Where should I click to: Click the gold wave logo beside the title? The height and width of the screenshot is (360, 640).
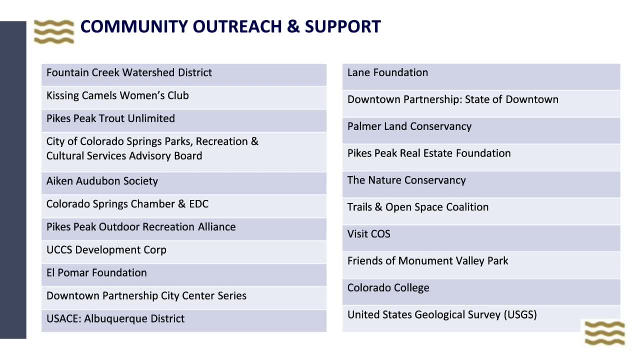coord(54,31)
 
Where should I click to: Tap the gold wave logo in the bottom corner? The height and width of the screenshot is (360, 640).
coord(604,333)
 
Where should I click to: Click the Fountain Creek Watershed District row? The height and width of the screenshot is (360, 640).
coord(129,72)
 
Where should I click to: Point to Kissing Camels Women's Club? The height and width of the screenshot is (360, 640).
coord(117,95)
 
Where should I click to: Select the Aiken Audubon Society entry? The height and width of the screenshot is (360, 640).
coord(102,181)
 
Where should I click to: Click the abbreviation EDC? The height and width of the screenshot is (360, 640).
coord(198,204)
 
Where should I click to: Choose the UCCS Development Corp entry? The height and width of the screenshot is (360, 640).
coord(106,250)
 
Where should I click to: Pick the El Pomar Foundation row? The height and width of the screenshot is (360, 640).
coord(96,273)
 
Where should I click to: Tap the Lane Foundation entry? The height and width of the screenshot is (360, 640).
coord(387,72)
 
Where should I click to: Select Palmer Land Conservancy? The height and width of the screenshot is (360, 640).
coord(409,126)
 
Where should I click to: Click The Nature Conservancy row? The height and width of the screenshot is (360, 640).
coord(406,180)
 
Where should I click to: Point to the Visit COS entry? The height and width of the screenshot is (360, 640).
coord(368,234)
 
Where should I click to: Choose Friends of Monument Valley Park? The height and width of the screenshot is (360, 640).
coord(427,261)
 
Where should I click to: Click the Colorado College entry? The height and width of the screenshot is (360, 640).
coord(388,288)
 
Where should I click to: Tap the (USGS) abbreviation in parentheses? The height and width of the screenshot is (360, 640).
coord(520,315)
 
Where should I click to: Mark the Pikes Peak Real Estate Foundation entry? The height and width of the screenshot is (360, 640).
coord(429,153)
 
